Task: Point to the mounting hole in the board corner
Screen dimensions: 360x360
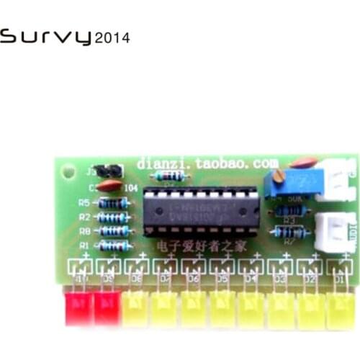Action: click(68, 173)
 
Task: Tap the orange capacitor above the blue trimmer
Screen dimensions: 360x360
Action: click(305, 163)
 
